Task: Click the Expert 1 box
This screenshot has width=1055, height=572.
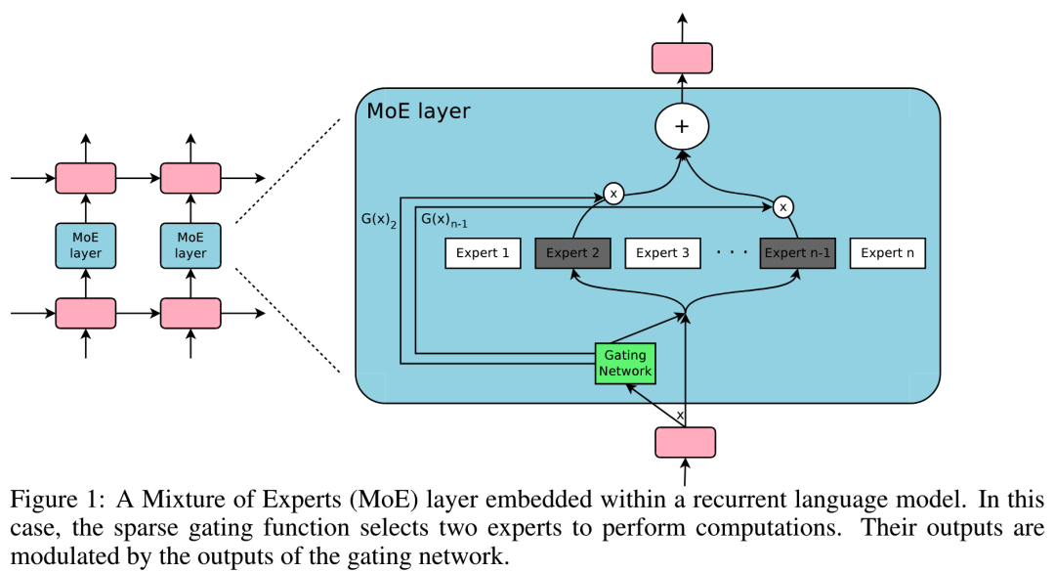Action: pyautogui.click(x=483, y=253)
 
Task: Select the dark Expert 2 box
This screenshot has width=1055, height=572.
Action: pyautogui.click(x=572, y=253)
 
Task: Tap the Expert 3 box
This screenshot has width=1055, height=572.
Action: pyautogui.click(x=662, y=253)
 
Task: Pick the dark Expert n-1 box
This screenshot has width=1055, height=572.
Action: pyautogui.click(x=797, y=253)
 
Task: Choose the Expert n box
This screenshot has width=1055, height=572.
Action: pyautogui.click(x=887, y=253)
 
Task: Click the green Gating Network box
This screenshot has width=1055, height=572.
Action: pyautogui.click(x=625, y=364)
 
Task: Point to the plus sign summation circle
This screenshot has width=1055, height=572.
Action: pyautogui.click(x=682, y=127)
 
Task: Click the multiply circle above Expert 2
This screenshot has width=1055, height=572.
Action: pyautogui.click(x=613, y=194)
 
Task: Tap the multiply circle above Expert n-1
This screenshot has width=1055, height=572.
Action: pyautogui.click(x=781, y=206)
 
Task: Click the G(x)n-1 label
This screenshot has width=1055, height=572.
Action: pyautogui.click(x=442, y=220)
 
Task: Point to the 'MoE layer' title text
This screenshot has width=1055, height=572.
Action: pyautogui.click(x=418, y=110)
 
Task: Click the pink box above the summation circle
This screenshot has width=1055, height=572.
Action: pyautogui.click(x=682, y=58)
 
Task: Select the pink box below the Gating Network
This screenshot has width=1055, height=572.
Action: pyautogui.click(x=684, y=442)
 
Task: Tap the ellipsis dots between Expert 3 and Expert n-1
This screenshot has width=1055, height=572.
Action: pyautogui.click(x=731, y=253)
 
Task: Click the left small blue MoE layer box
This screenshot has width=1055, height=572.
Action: pyautogui.click(x=86, y=245)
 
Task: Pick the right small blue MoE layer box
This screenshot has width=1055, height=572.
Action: pyautogui.click(x=190, y=245)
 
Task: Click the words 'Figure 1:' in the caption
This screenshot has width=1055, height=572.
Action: pyautogui.click(x=56, y=499)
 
